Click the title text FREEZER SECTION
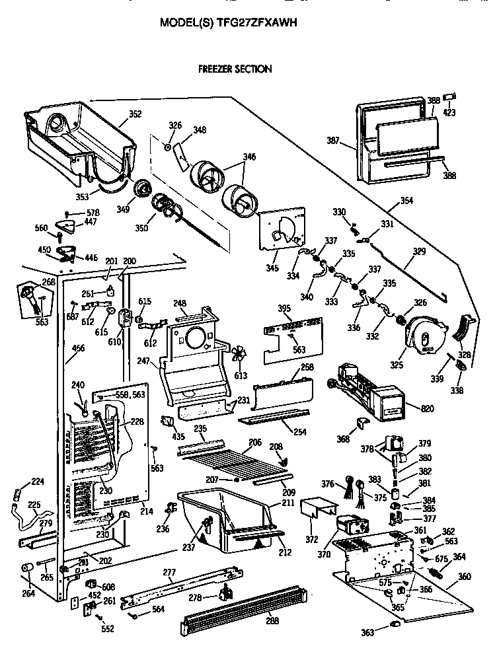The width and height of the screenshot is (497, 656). pos(235,69)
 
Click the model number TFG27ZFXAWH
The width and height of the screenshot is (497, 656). pos(257,22)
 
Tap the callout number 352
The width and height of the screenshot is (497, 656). pos(135,114)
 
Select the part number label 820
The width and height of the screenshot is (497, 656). pos(428,409)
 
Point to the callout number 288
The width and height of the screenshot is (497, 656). pos(271,621)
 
